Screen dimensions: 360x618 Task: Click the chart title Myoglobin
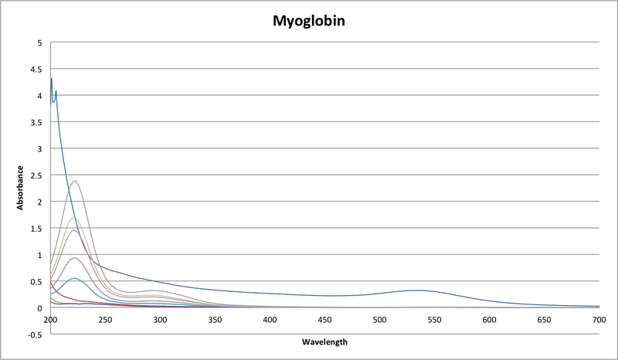tap(308, 21)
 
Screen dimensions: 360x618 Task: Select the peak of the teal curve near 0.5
tap(74, 278)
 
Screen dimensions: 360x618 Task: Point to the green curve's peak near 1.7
tap(74, 217)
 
